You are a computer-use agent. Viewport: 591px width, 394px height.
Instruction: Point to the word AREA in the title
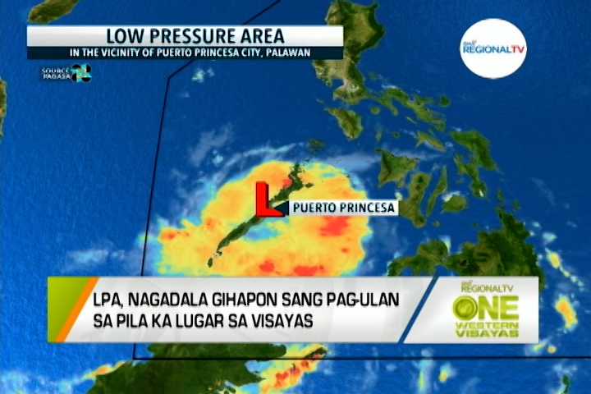point(262,36)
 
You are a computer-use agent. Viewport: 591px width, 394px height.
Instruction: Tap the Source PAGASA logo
point(66,73)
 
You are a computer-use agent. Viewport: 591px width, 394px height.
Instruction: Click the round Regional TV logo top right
point(492,48)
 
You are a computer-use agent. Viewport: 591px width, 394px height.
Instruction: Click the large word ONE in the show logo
point(486,307)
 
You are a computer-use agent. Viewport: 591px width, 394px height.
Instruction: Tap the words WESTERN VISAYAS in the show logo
point(486,330)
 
